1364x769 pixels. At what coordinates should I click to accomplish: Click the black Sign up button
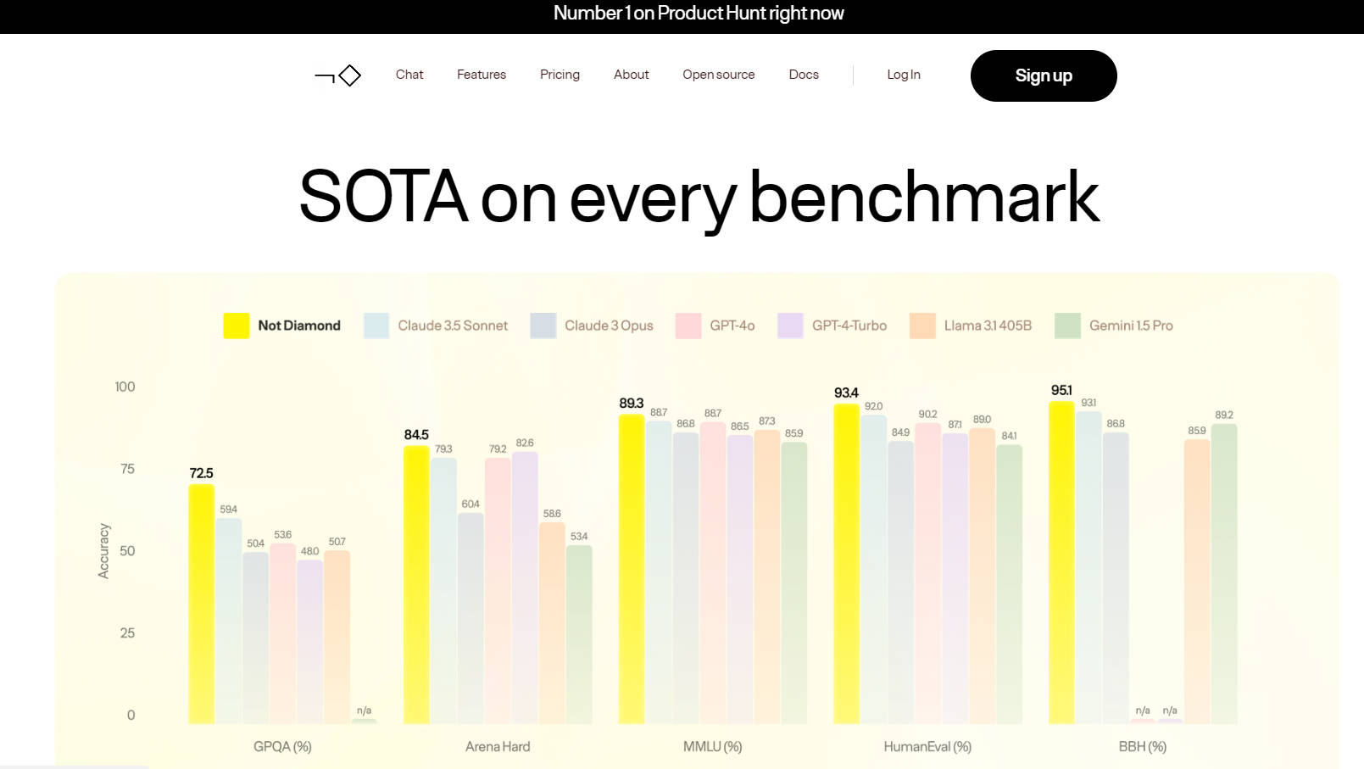point(1043,75)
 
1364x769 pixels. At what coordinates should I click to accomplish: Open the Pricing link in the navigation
point(560,75)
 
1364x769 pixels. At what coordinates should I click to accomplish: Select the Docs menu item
point(804,75)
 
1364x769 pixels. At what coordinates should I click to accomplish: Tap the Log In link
point(904,75)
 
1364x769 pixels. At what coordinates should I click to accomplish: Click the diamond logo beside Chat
point(339,75)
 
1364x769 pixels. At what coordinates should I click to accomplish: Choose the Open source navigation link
point(718,75)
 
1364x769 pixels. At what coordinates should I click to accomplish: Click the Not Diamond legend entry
point(282,326)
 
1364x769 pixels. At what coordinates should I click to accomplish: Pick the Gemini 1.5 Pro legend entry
point(1114,326)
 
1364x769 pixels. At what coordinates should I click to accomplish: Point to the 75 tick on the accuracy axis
point(127,469)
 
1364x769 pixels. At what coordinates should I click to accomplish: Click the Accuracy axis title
point(103,551)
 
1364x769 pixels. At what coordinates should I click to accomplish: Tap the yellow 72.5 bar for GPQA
point(201,604)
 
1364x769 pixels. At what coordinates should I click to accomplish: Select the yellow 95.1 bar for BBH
point(1061,563)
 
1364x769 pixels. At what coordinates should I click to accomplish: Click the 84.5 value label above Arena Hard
point(416,435)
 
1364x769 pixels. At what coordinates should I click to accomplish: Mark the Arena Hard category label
point(498,747)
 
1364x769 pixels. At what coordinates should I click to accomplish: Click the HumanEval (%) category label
point(927,747)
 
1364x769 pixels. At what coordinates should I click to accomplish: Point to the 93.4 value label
point(846,393)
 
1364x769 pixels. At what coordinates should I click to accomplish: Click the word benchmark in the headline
point(924,198)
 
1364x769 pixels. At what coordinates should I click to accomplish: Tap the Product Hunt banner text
point(699,14)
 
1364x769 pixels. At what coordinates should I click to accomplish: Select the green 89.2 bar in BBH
point(1224,573)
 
